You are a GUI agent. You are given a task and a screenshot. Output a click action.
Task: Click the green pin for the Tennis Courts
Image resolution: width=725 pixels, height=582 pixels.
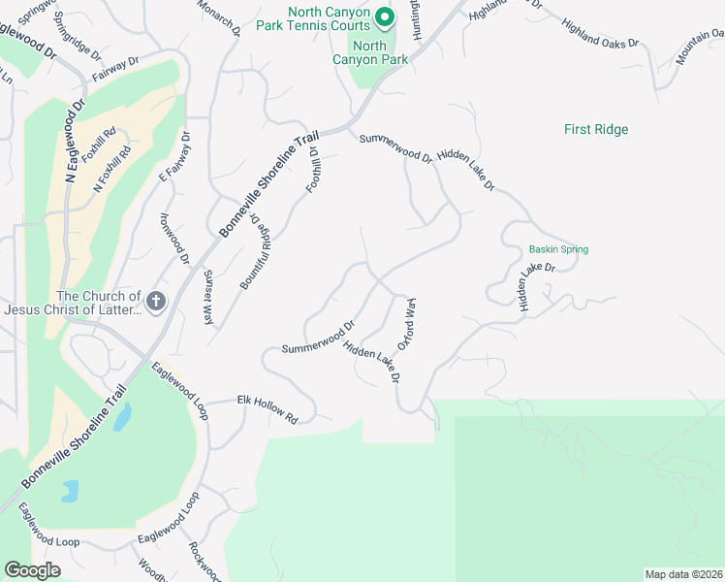384,16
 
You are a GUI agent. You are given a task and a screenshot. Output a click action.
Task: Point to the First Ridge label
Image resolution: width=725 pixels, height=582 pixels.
596,129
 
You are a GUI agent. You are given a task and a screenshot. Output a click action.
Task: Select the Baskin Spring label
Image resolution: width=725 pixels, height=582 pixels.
558,249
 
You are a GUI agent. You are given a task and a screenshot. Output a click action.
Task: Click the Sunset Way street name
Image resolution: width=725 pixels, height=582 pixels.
208,297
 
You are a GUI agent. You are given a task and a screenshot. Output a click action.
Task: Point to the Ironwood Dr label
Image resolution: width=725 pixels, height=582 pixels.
175,238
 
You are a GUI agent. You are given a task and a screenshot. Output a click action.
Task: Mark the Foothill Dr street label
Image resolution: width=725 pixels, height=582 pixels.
313,170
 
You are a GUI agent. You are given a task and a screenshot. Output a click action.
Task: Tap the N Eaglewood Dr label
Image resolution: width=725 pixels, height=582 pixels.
76,139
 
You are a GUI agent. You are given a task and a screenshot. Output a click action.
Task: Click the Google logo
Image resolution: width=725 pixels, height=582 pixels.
32,570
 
